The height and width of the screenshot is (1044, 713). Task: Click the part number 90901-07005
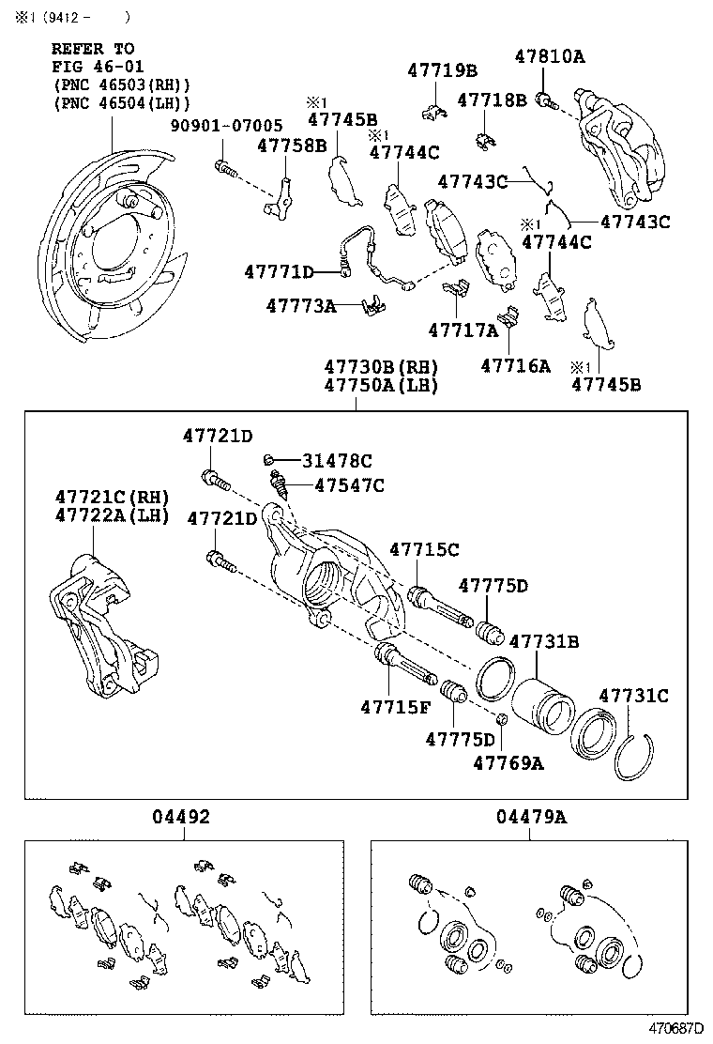pyautogui.click(x=225, y=125)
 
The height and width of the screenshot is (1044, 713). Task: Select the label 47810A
pyautogui.click(x=549, y=56)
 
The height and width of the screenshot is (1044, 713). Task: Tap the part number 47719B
pyautogui.click(x=442, y=70)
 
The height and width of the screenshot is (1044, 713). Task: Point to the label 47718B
pyautogui.click(x=493, y=100)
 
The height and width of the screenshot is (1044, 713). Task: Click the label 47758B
pyautogui.click(x=292, y=145)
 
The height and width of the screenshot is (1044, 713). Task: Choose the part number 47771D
pyautogui.click(x=279, y=272)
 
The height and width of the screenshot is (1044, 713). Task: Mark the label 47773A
pyautogui.click(x=300, y=305)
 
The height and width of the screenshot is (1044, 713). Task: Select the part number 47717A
pyautogui.click(x=463, y=330)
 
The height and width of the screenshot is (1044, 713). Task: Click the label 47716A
pyautogui.click(x=515, y=365)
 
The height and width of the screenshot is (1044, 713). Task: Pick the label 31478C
pyautogui.click(x=337, y=460)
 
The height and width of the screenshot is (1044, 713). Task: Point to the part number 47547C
pyautogui.click(x=349, y=485)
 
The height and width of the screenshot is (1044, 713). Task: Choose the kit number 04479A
pyautogui.click(x=531, y=818)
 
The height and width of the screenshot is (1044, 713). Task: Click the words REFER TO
pyautogui.click(x=93, y=48)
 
